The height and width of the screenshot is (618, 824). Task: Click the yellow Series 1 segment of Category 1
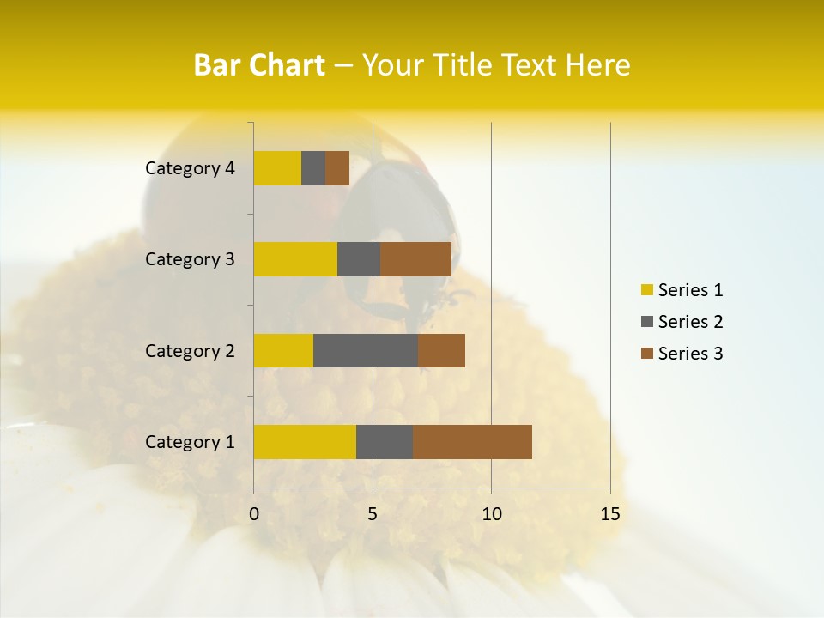click(305, 442)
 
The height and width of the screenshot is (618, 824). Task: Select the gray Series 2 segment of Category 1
click(385, 442)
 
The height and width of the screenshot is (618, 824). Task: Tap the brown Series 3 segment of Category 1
click(472, 442)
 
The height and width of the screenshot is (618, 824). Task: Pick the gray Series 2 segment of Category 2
click(366, 350)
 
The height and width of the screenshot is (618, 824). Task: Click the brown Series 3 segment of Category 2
click(441, 350)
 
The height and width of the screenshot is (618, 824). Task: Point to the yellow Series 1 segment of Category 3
click(295, 259)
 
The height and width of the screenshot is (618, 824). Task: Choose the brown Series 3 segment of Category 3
click(415, 259)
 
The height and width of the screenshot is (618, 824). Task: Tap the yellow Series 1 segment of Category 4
click(277, 168)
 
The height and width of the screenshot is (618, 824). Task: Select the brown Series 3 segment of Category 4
click(337, 168)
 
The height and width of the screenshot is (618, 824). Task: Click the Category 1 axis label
click(190, 442)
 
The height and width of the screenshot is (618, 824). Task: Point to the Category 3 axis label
click(190, 259)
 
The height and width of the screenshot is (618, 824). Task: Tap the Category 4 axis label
click(190, 168)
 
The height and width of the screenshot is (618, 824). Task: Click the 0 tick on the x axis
click(254, 514)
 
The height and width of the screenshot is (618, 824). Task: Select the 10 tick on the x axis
click(491, 514)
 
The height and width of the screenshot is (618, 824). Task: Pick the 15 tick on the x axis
click(609, 514)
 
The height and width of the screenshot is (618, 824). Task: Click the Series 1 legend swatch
click(647, 290)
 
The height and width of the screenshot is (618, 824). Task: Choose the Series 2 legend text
click(690, 322)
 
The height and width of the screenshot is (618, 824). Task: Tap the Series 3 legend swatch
click(647, 354)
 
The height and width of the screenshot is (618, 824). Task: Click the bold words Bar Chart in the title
click(259, 65)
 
